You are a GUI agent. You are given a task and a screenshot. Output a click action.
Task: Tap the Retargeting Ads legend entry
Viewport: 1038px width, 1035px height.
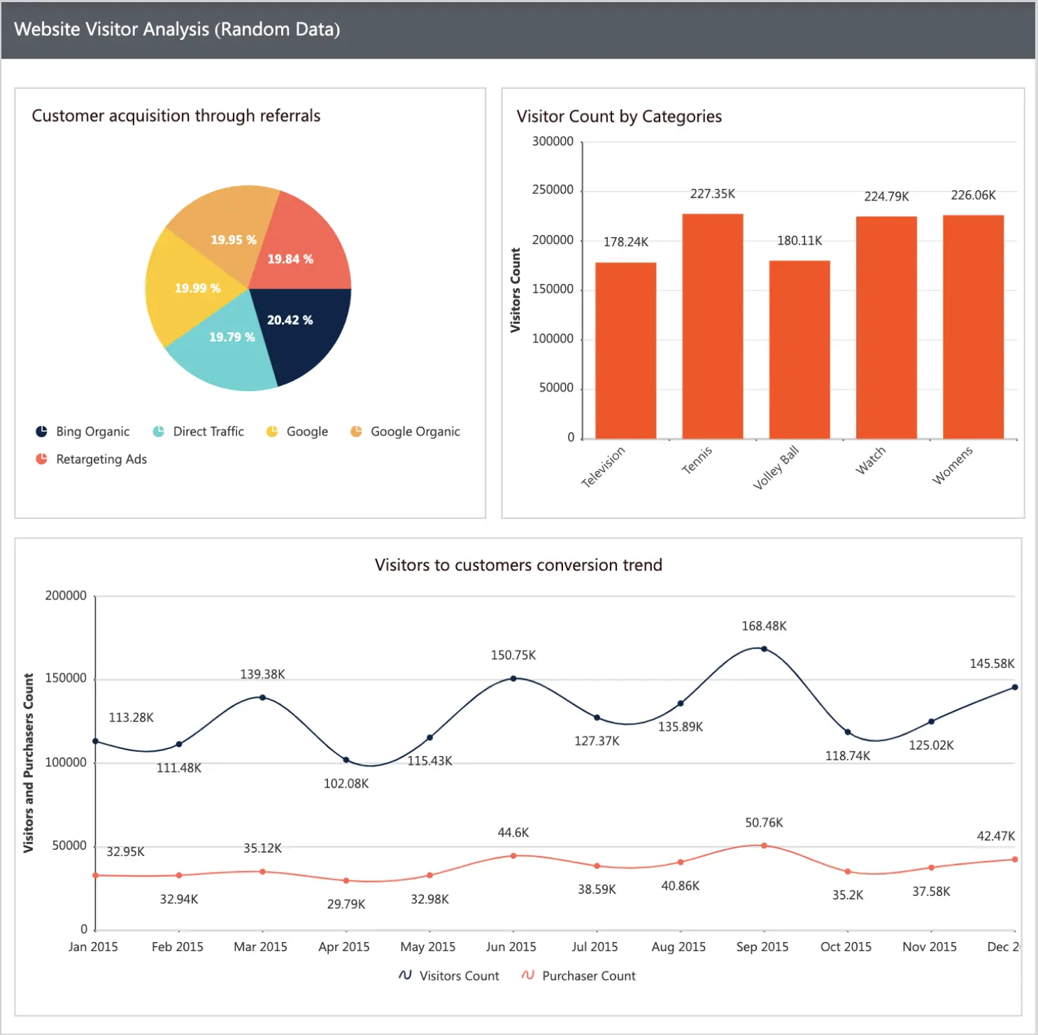101,459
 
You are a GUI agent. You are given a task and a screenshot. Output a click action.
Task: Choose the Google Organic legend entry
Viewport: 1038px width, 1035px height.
414,431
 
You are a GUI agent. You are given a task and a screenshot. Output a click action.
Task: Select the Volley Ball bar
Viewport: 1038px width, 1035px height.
799,350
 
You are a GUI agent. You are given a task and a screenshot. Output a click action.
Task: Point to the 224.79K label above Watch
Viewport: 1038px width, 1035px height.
886,197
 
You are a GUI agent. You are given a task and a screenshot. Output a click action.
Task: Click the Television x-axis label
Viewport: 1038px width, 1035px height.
603,466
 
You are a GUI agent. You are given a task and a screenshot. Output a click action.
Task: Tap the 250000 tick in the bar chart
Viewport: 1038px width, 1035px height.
553,190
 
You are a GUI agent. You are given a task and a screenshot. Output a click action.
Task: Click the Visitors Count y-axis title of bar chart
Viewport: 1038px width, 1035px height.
516,290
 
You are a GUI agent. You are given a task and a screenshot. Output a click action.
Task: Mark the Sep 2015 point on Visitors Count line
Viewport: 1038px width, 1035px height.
764,649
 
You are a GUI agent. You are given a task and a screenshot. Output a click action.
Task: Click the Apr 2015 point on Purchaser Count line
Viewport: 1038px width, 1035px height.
346,880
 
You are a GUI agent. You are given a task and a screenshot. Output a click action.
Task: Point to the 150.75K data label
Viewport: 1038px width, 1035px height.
513,655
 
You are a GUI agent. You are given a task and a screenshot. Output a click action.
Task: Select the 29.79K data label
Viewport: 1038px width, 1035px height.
346,904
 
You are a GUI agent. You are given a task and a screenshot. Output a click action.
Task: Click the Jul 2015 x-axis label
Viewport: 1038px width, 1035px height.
595,947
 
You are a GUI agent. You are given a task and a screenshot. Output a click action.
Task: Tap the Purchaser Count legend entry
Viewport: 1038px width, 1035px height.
588,976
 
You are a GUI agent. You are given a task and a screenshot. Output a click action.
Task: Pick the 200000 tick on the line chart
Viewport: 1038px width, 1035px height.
66,596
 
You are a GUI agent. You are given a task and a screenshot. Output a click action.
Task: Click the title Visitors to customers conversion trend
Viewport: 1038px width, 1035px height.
518,565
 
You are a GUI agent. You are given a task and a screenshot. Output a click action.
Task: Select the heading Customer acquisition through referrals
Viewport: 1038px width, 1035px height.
176,116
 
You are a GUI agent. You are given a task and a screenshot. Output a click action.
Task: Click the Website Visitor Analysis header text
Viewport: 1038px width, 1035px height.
177,29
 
